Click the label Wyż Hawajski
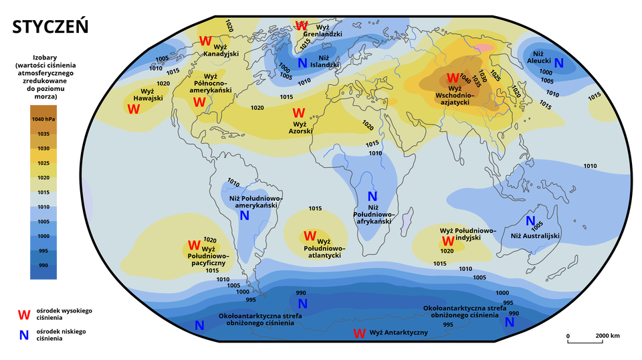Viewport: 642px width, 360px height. coord(148,95)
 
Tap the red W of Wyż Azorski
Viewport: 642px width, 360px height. coord(298,113)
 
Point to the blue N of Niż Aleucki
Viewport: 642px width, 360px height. coord(558,64)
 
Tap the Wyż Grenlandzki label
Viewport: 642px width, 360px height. coord(322,30)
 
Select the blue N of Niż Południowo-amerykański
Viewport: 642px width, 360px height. coord(244,215)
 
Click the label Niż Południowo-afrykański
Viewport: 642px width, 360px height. coord(372,214)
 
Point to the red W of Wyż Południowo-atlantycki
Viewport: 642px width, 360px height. coord(310,236)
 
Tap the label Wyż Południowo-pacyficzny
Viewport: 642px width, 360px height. coord(209,256)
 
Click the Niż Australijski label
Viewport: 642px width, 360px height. coord(535,236)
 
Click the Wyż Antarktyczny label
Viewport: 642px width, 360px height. coord(399,333)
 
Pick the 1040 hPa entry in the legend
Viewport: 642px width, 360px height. coord(43,119)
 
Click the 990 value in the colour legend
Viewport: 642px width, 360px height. coord(43,266)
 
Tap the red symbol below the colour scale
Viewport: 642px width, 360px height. coord(24,314)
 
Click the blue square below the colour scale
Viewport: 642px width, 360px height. coord(24,335)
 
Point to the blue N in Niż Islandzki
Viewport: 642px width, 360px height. coord(302,64)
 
